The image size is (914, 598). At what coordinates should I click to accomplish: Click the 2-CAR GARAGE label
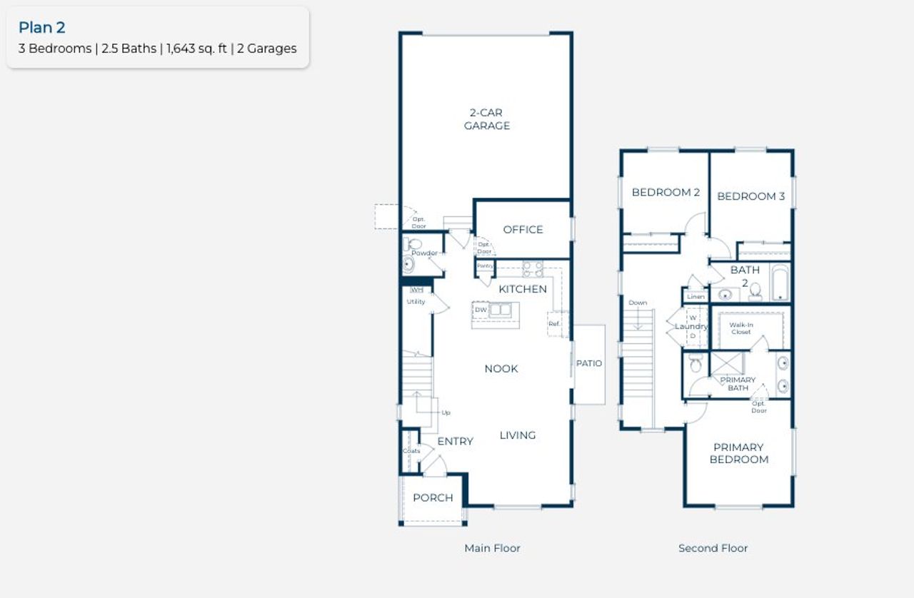tap(487, 119)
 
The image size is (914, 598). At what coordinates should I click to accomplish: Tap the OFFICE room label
tap(523, 229)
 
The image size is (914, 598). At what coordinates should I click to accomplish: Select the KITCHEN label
tap(523, 289)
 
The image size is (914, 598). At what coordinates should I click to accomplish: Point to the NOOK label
tap(501, 369)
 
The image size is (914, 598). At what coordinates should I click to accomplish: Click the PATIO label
tap(589, 363)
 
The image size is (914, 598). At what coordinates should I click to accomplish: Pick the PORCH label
tap(433, 497)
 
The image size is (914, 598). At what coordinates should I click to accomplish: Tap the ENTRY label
tap(455, 442)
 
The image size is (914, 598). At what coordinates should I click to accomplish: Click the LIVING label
tap(518, 435)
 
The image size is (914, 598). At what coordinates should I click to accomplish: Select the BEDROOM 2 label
tap(666, 192)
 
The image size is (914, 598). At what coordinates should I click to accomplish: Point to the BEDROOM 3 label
tap(750, 196)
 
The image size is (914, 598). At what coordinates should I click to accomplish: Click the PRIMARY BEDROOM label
tap(738, 453)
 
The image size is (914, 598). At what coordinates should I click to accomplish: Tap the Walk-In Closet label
tap(740, 328)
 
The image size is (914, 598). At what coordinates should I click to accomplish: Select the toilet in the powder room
tap(415, 245)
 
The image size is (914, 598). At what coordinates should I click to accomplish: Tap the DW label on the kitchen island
tap(481, 310)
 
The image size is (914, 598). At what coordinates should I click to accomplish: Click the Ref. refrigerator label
tap(554, 323)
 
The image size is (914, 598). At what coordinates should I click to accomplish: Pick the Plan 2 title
tap(42, 28)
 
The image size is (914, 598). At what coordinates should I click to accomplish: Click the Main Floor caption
tap(492, 548)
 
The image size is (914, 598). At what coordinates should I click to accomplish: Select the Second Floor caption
tap(713, 548)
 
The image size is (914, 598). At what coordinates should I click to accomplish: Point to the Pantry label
tap(485, 265)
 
